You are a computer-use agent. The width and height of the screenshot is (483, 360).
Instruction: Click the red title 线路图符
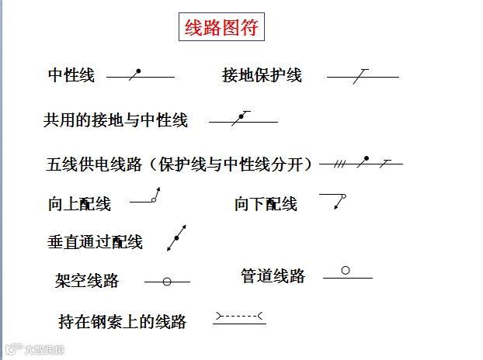pyautogui.click(x=221, y=29)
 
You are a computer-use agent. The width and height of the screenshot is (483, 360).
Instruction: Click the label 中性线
pyautogui.click(x=71, y=75)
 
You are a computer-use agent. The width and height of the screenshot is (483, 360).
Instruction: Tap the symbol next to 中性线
pyautogui.click(x=140, y=76)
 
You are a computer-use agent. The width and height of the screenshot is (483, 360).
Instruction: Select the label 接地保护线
pyautogui.click(x=262, y=75)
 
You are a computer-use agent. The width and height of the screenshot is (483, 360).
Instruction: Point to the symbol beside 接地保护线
pyautogui.click(x=362, y=76)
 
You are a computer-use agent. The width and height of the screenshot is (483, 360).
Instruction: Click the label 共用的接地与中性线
pyautogui.click(x=116, y=120)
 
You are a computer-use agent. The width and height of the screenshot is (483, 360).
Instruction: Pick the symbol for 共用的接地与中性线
pyautogui.click(x=243, y=119)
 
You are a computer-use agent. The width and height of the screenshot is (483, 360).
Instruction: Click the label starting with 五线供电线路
pyautogui.click(x=179, y=164)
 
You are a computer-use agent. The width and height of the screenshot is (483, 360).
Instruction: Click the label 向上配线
pyautogui.click(x=79, y=204)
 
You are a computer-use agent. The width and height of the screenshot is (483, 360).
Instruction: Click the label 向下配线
pyautogui.click(x=266, y=204)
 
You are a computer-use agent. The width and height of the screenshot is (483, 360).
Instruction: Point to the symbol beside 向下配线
pyautogui.click(x=334, y=200)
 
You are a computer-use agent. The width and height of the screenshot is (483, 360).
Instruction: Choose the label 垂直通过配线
pyautogui.click(x=95, y=242)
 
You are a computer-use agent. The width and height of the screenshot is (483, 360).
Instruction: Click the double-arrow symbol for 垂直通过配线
pyautogui.click(x=177, y=237)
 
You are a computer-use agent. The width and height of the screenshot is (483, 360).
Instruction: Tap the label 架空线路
pyautogui.click(x=87, y=281)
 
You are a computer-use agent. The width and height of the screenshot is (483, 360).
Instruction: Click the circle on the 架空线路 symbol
pyautogui.click(x=166, y=282)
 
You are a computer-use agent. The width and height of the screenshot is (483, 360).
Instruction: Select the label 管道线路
pyautogui.click(x=273, y=276)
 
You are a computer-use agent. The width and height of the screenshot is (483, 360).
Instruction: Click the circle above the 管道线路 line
pyautogui.click(x=346, y=271)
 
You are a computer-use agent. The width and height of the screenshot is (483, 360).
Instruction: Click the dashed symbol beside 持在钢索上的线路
pyautogui.click(x=239, y=317)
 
